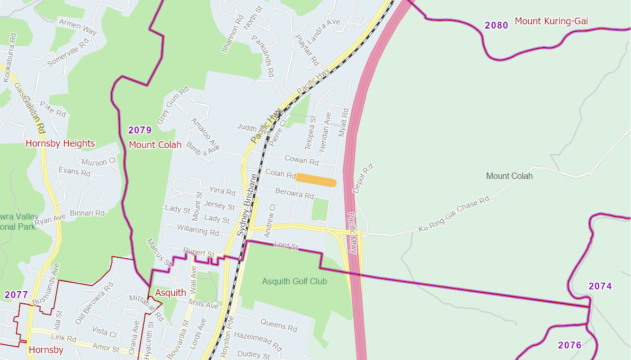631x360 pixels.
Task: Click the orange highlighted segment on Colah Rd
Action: [x=316, y=180]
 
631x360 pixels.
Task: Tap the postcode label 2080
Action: [x=496, y=25]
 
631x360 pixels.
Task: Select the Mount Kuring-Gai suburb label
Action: [x=551, y=21]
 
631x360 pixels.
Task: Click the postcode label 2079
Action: [x=140, y=130]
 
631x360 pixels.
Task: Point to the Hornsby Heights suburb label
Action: [x=60, y=143]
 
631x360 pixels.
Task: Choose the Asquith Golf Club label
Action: [x=295, y=281]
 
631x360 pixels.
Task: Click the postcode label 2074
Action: [x=600, y=286]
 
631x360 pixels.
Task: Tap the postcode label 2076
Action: [x=570, y=345]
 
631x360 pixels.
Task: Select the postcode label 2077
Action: [x=16, y=295]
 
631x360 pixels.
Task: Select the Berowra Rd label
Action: [x=295, y=194]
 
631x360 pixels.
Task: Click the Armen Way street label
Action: [x=78, y=27]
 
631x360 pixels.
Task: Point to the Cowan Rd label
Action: [x=301, y=160]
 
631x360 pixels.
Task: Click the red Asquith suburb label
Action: [x=170, y=293]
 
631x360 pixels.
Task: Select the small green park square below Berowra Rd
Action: [x=320, y=210]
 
